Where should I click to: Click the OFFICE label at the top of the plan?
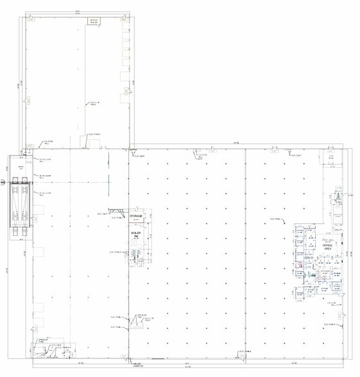(x=94, y=21)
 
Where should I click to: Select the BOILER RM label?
(x=135, y=235)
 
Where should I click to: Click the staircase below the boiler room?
(x=135, y=256)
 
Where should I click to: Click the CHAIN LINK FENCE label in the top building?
(x=96, y=103)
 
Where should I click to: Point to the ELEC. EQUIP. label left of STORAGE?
(x=102, y=214)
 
